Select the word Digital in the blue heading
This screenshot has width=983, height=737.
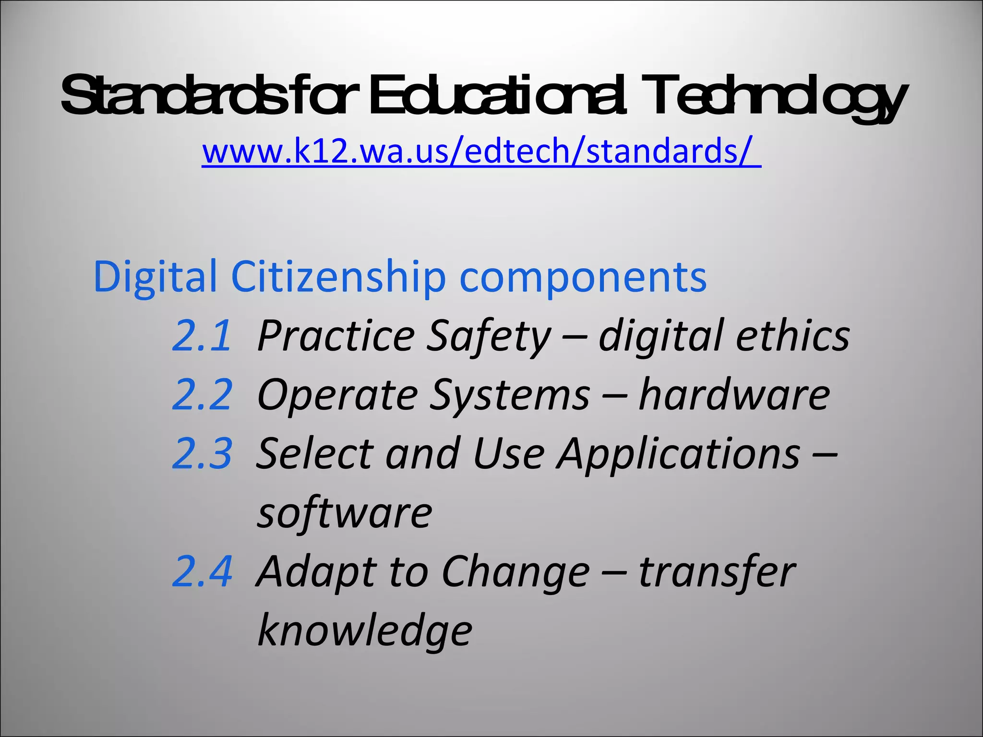tap(155, 277)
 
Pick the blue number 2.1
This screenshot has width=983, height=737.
tap(202, 335)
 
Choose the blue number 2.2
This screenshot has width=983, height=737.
tap(202, 394)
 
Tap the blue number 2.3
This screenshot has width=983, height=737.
tap(202, 453)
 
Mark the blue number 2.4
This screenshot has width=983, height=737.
tap(202, 571)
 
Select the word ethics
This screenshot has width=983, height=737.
tap(792, 335)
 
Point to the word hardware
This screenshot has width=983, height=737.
tap(734, 394)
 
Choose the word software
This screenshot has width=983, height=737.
tap(344, 512)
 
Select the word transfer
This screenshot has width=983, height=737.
tap(717, 571)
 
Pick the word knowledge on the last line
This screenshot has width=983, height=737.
tap(365, 631)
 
